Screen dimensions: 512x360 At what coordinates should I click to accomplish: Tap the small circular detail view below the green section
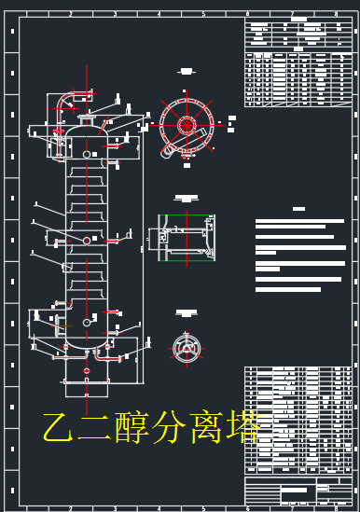(187, 348)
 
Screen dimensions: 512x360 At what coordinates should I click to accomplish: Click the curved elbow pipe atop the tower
(67, 99)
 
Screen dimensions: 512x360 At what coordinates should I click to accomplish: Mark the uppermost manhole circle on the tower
(87, 154)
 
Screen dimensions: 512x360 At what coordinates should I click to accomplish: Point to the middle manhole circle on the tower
(87, 240)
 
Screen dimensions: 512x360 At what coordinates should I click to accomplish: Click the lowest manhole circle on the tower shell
(87, 323)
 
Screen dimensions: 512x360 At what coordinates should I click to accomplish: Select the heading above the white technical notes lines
(299, 209)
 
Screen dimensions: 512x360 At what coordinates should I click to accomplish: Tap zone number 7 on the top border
(292, 14)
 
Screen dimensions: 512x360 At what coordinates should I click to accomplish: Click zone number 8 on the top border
(336, 14)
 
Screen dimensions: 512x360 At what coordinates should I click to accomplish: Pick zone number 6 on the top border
(247, 14)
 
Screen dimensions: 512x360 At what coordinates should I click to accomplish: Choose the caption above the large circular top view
(187, 71)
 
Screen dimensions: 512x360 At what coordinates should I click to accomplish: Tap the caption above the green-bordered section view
(187, 198)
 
